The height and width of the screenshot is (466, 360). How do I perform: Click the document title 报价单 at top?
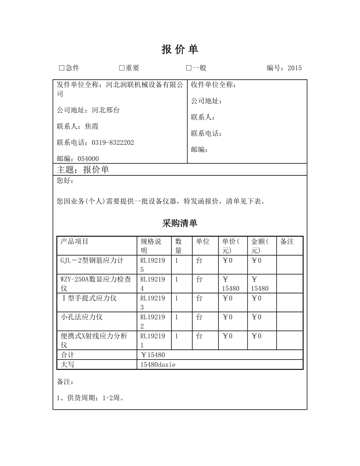(180, 49)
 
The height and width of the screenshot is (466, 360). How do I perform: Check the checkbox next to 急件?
(61, 68)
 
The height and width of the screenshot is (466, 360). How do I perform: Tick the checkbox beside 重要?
(122, 68)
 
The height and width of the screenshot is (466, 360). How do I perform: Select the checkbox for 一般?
(189, 68)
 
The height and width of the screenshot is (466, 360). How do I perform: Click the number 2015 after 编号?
(295, 68)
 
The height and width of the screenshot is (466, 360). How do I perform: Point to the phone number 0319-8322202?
(113, 142)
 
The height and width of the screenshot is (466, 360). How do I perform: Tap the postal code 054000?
(88, 158)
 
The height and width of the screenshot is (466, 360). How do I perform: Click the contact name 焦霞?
(92, 126)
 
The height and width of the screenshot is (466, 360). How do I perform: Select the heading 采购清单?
(180, 223)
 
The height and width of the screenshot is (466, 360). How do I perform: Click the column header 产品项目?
(74, 241)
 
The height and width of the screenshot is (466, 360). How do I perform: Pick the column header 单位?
(203, 241)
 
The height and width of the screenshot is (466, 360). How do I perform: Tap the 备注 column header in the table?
(287, 241)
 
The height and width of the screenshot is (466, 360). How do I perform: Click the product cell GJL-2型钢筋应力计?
(92, 261)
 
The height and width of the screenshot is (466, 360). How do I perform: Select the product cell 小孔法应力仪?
(82, 317)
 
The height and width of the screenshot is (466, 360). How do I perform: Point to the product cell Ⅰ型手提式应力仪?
(90, 298)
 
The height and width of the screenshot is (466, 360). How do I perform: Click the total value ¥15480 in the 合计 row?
(153, 355)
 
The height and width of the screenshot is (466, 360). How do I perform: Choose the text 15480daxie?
(158, 365)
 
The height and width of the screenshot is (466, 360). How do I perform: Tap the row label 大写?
(67, 365)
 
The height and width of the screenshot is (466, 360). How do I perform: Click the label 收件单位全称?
(214, 85)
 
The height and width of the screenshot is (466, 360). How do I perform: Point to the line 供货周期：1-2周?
(90, 398)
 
